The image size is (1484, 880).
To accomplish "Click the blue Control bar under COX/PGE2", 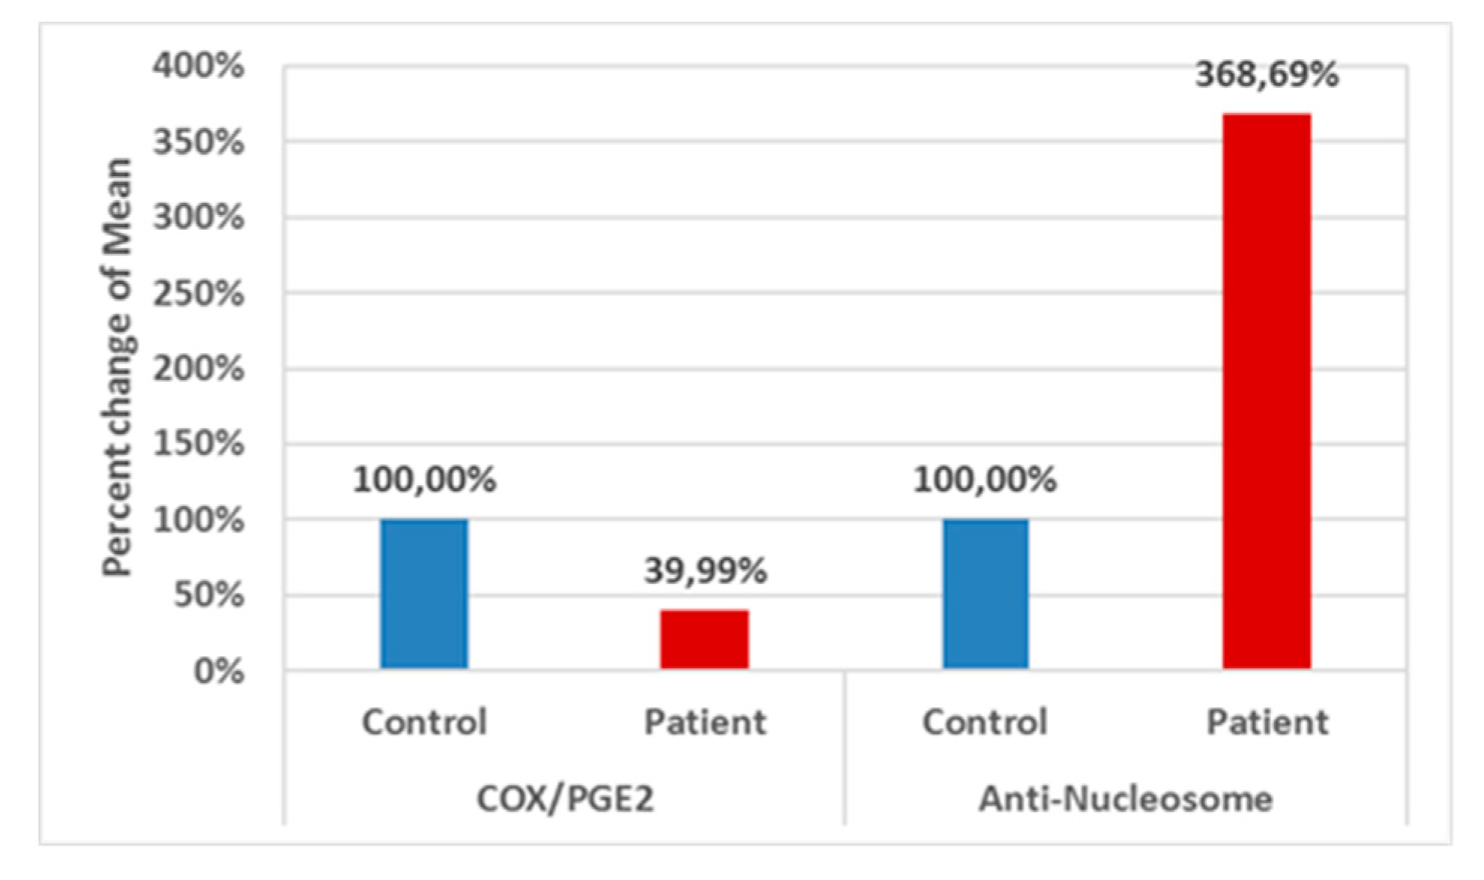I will [x=424, y=594].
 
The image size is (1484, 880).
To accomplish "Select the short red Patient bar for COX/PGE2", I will [x=705, y=639].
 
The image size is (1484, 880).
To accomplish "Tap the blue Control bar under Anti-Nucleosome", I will [x=986, y=594].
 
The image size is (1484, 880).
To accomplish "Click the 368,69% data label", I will [x=1267, y=75].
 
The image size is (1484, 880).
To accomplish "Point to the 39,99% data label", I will [x=705, y=571].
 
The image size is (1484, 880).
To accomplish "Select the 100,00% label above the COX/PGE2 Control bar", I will [x=424, y=480].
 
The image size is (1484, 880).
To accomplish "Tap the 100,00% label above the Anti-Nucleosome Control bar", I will [x=985, y=480].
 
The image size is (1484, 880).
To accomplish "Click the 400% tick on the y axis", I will [x=199, y=66].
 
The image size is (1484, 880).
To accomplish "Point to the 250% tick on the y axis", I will [x=199, y=294].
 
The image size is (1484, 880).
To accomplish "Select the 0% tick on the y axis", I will [x=219, y=672].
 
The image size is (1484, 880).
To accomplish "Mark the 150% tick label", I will [x=199, y=444].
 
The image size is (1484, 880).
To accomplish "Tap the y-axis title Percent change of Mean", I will [x=118, y=367].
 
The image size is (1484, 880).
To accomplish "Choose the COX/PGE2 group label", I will [x=565, y=799].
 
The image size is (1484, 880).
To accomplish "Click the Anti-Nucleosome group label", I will [x=1126, y=799].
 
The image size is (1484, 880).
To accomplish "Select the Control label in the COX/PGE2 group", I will [x=424, y=723].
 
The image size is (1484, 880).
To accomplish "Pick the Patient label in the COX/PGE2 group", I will [x=705, y=723].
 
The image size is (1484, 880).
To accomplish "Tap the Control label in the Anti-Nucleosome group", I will [x=985, y=723].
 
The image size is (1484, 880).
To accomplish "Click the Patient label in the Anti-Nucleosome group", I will [x=1267, y=723].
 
